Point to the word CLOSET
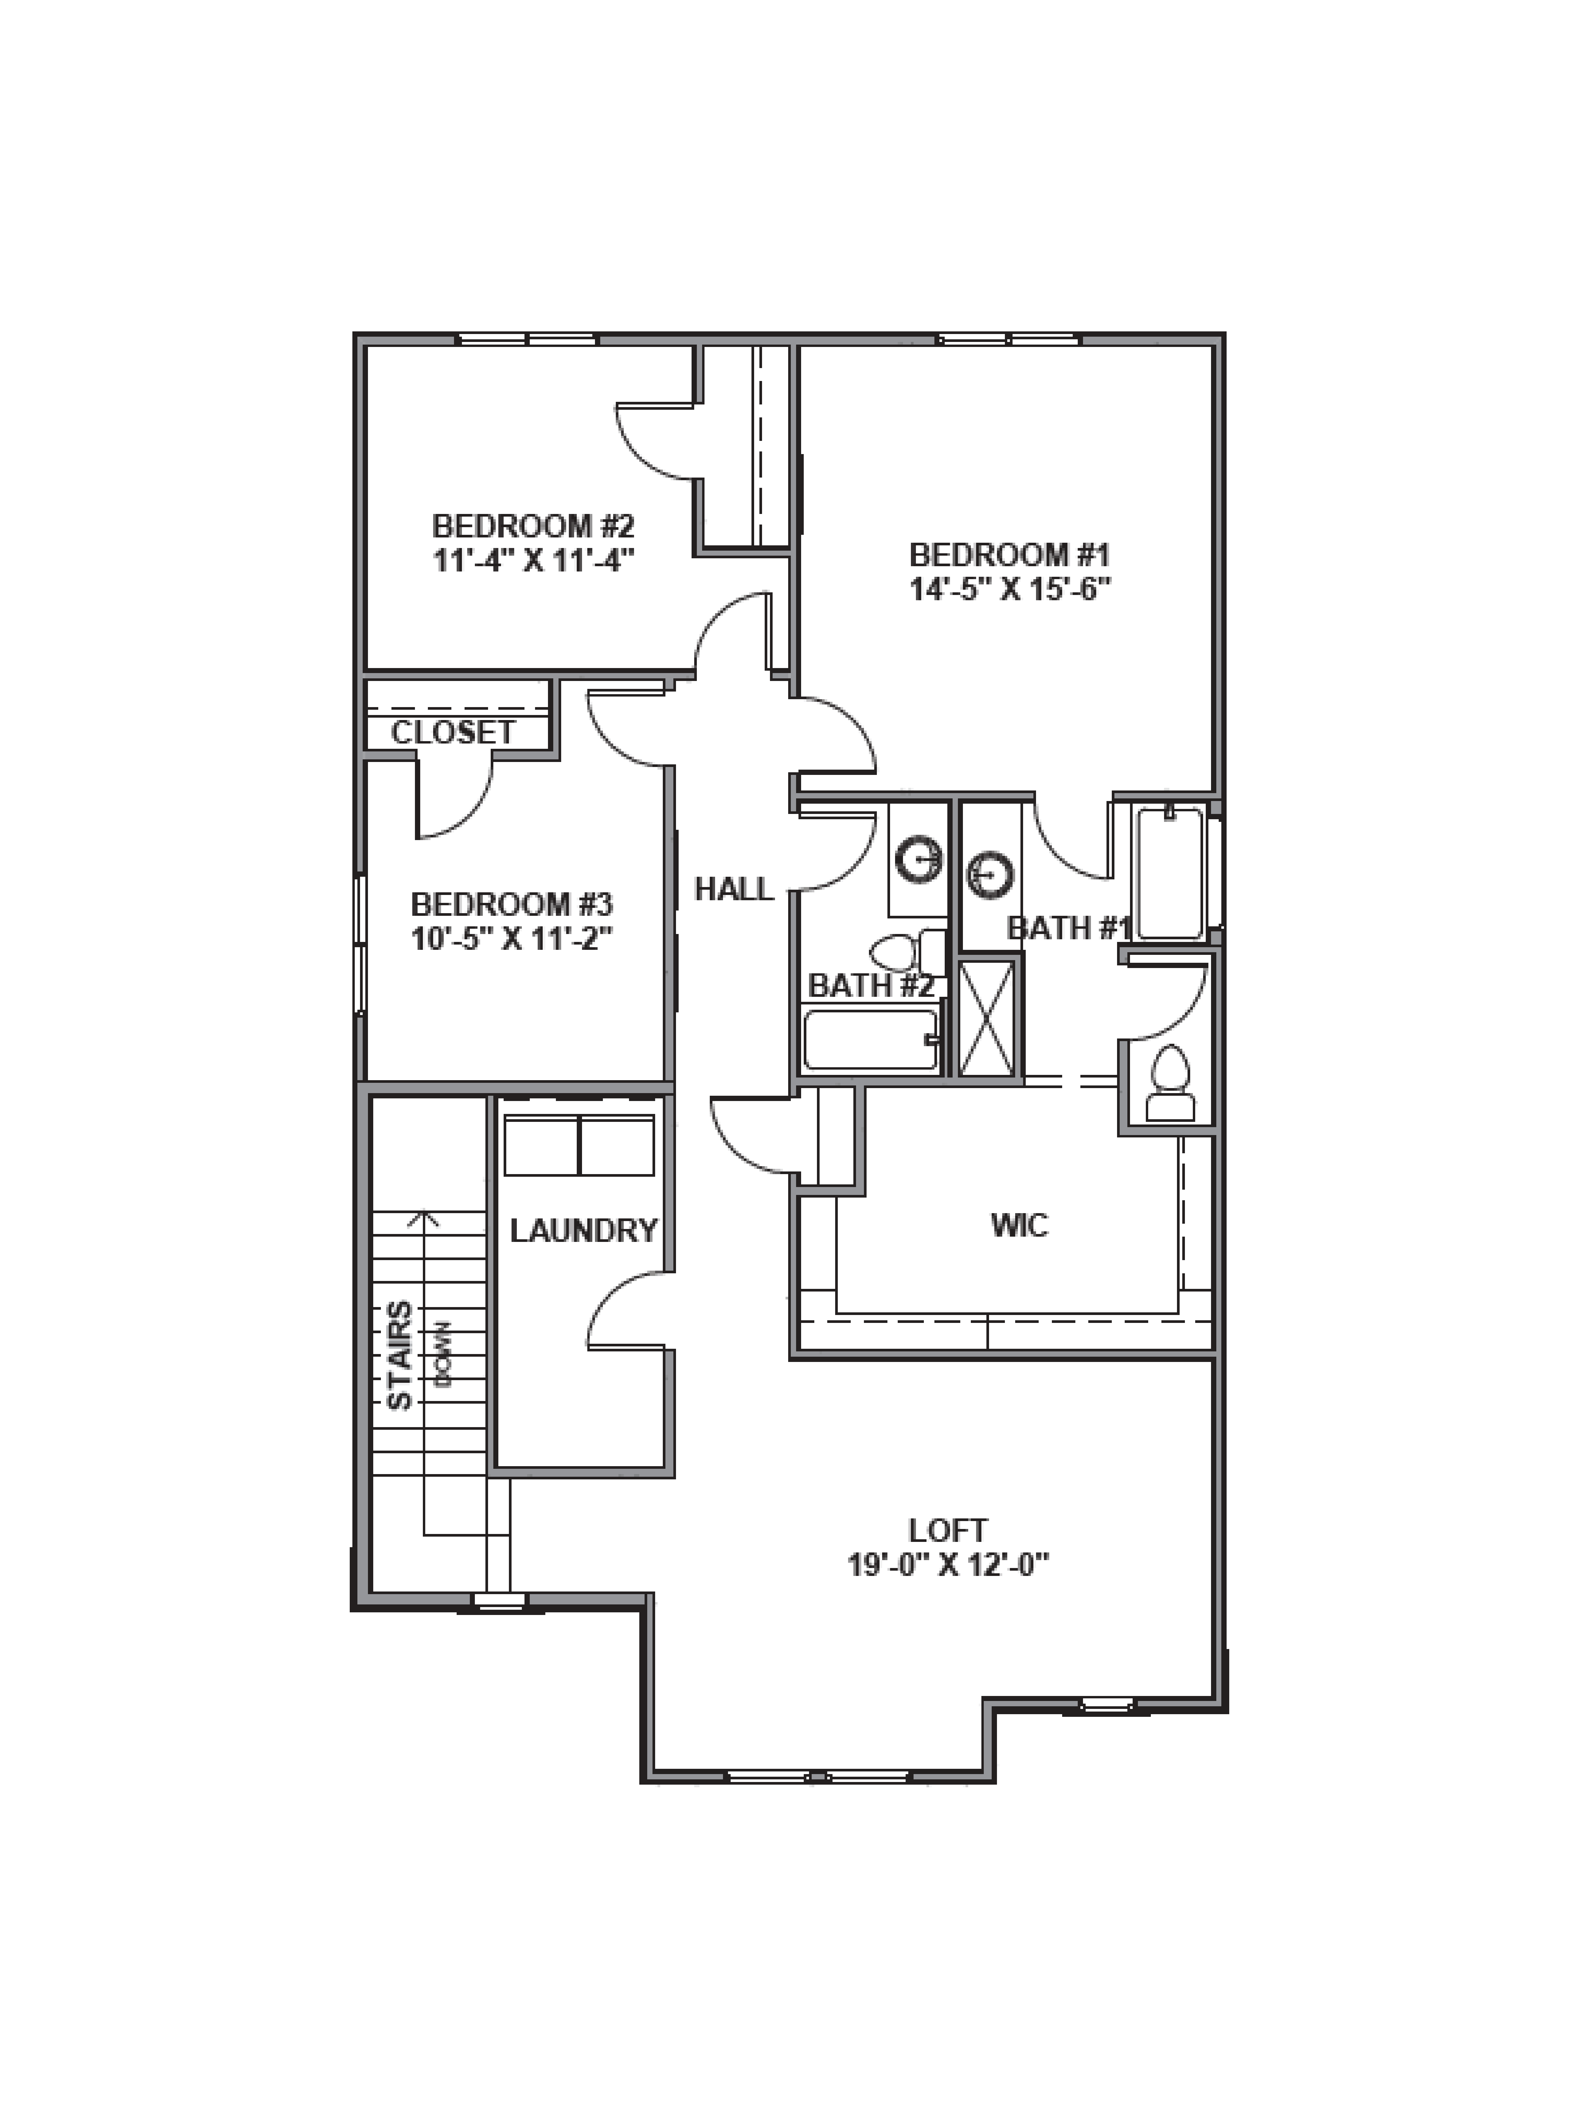point(453,732)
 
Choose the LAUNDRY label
point(583,1230)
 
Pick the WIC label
point(1019,1224)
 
